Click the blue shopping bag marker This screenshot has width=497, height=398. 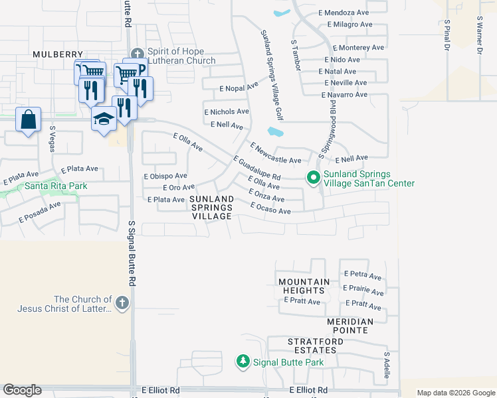[28, 120]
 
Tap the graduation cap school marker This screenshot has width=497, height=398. [104, 119]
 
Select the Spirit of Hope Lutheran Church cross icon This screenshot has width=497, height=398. [138, 54]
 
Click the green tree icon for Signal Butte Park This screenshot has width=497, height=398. [243, 362]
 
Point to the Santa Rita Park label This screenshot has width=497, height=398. [56, 186]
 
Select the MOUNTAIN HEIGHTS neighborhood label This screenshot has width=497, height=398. [304, 287]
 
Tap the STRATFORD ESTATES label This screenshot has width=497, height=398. [318, 346]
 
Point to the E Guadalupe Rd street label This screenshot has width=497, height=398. [257, 169]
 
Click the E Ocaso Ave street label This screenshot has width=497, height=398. [270, 209]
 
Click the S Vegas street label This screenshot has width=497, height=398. [52, 139]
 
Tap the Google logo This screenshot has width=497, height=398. [22, 390]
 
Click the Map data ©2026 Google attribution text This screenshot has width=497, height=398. [455, 393]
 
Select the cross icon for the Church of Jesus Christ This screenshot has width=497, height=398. [121, 304]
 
